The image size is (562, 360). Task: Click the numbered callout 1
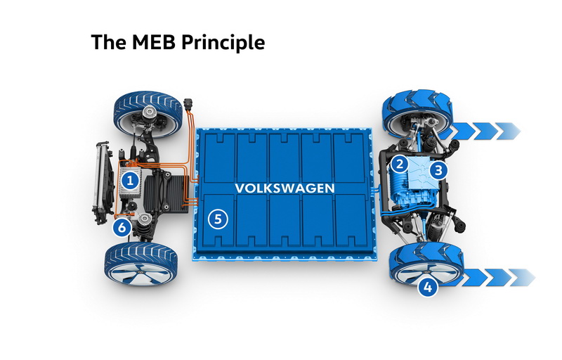(x=130, y=181)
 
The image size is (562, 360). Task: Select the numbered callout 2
(x=400, y=165)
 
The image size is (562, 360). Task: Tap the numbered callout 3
(x=438, y=170)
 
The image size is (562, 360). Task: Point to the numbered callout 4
(x=428, y=287)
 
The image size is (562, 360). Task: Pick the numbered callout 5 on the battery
(x=218, y=219)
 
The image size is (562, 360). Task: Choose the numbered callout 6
(x=122, y=227)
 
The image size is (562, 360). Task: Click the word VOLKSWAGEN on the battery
(x=285, y=188)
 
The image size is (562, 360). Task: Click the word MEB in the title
(x=153, y=42)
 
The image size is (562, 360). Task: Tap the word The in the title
(x=108, y=42)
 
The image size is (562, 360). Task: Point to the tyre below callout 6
(x=141, y=264)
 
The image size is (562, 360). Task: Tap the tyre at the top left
(x=148, y=114)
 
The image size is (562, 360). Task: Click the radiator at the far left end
(x=102, y=183)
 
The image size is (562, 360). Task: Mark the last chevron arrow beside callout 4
(x=523, y=277)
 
